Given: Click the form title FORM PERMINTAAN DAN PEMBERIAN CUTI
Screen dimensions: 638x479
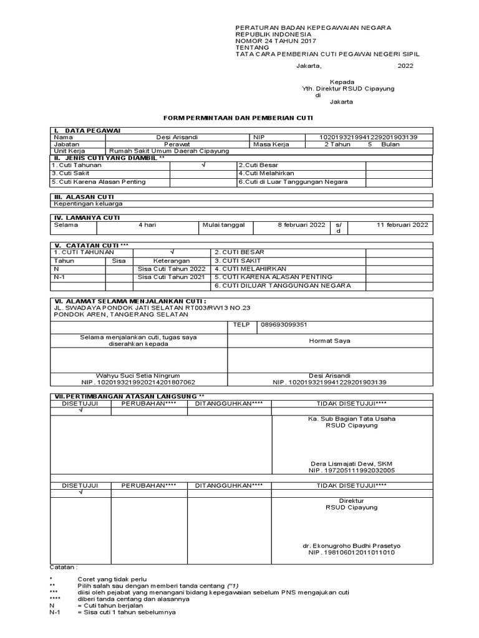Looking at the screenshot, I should pyautogui.click(x=238, y=117).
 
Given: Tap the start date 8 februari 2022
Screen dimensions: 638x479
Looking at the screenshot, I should pyautogui.click(x=301, y=225).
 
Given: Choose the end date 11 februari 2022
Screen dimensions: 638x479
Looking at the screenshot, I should pyautogui.click(x=402, y=225).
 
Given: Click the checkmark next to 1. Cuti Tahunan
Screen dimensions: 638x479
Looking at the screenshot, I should pyautogui.click(x=203, y=165).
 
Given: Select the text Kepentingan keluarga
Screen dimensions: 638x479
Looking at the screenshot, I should pyautogui.click(x=88, y=203).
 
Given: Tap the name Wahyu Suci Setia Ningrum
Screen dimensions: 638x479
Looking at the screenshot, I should pyautogui.click(x=137, y=376).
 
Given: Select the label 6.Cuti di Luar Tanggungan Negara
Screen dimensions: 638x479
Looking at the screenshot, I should pyautogui.click(x=293, y=182).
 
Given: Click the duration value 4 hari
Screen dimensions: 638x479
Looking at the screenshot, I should pyautogui.click(x=147, y=225).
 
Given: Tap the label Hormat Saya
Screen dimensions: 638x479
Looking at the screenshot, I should pyautogui.click(x=329, y=341).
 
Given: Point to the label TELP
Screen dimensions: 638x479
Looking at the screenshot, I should pyautogui.click(x=241, y=325).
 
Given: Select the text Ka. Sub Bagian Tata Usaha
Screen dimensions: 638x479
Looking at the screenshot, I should pyautogui.click(x=352, y=419).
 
